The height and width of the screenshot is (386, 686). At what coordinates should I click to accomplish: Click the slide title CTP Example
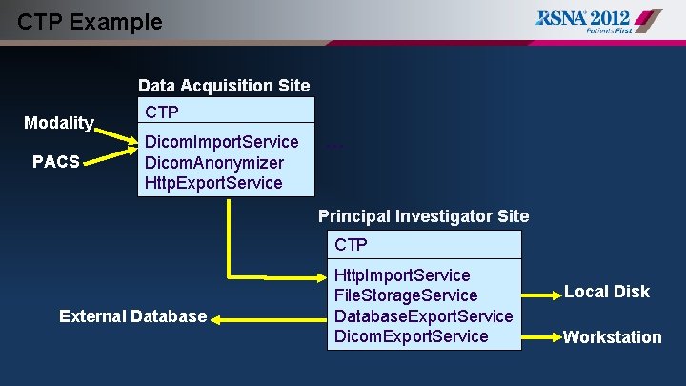click(x=91, y=21)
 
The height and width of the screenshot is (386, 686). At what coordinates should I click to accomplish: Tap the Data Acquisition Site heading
click(x=224, y=85)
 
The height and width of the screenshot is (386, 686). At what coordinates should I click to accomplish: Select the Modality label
click(x=59, y=122)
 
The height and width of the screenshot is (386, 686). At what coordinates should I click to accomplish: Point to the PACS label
click(x=56, y=161)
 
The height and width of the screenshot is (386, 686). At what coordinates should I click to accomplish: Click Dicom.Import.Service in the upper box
click(x=221, y=142)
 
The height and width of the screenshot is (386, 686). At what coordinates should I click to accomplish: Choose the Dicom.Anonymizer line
click(x=213, y=162)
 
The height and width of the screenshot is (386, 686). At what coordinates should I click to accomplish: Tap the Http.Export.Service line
click(x=213, y=182)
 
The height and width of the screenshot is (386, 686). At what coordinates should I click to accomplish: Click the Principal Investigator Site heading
click(x=423, y=215)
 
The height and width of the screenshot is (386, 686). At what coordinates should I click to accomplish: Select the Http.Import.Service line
click(x=402, y=275)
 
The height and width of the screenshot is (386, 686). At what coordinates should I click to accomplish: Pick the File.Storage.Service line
click(x=406, y=295)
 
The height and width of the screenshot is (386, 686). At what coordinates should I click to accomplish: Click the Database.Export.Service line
click(x=424, y=315)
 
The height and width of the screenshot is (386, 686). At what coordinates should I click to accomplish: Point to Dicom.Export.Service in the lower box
click(x=412, y=335)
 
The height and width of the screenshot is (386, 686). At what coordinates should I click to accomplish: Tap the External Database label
click(x=132, y=315)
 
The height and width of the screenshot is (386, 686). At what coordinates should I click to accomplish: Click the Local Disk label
click(x=606, y=292)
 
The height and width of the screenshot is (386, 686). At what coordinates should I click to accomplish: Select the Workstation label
click(x=612, y=336)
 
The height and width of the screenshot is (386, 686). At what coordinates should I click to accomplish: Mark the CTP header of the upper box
click(x=162, y=112)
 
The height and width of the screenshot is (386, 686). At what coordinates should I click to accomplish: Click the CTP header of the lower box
click(x=351, y=245)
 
